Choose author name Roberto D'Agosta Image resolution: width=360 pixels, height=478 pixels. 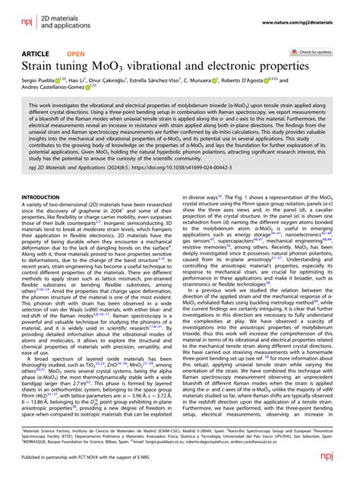[271, 90]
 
